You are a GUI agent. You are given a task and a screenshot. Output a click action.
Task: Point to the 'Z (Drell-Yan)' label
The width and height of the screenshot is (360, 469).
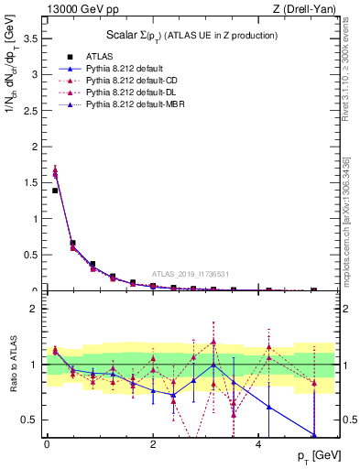tap(310, 9)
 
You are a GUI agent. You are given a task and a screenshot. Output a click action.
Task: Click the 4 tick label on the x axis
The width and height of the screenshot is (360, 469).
tap(260, 443)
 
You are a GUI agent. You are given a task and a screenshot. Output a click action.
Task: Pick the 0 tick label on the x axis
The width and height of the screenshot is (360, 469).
tap(47, 443)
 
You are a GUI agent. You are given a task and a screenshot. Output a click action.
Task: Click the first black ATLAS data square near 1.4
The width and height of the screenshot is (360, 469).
tap(55, 191)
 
